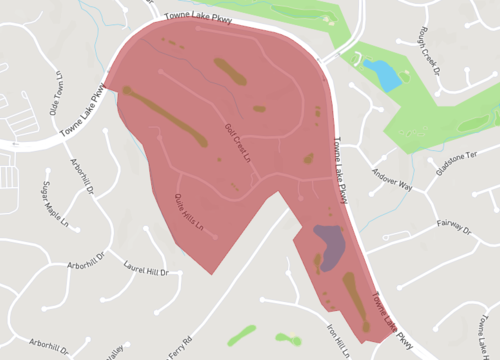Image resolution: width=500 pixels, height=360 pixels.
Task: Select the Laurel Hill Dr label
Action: (146, 266)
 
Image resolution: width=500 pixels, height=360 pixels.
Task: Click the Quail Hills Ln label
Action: (195, 214)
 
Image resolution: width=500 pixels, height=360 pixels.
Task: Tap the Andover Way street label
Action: (392, 184)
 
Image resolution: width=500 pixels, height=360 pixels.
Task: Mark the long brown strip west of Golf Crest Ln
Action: (166, 117)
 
